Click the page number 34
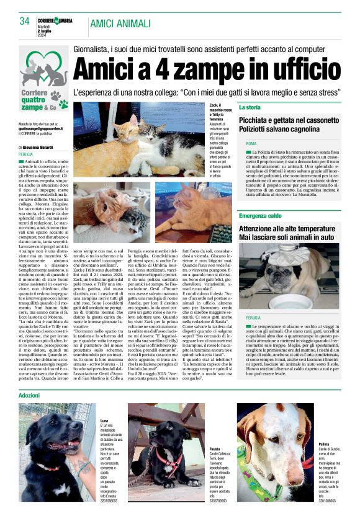[25, 22]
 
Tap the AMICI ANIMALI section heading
[120, 24]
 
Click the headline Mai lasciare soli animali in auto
[288, 236]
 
